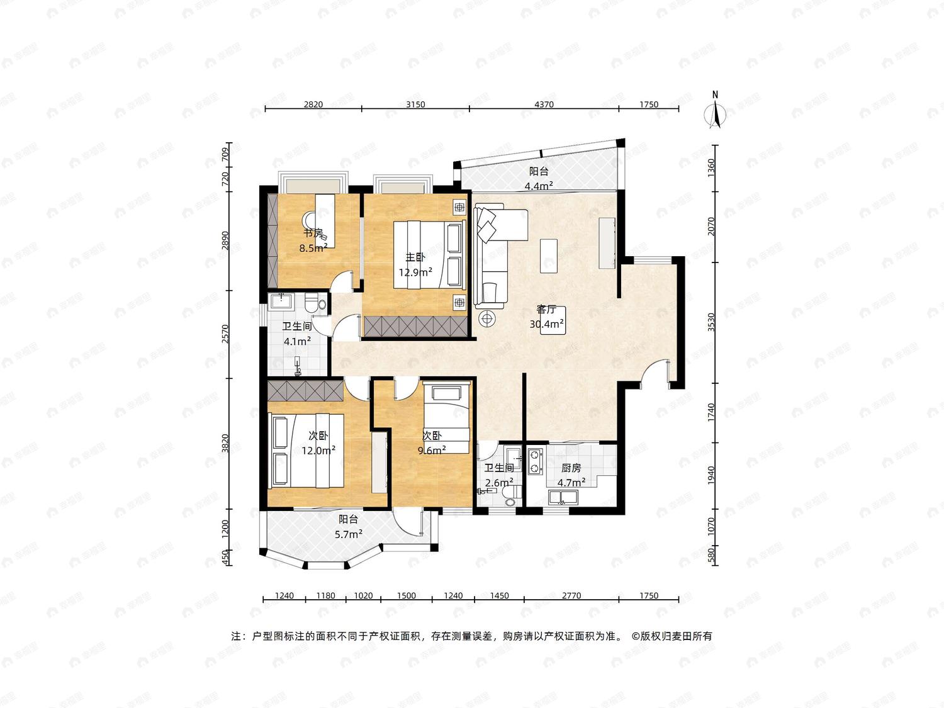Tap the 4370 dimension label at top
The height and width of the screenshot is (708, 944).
tap(544, 104)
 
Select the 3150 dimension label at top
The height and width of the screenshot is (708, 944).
tap(415, 104)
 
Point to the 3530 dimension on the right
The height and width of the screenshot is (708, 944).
tap(711, 322)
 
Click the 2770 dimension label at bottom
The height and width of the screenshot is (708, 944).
tap(571, 595)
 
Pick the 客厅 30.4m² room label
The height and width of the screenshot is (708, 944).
tap(547, 317)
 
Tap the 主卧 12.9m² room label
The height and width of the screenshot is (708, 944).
tap(415, 265)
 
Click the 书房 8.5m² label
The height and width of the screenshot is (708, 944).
tap(313, 240)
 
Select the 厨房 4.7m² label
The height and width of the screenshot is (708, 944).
tap(571, 475)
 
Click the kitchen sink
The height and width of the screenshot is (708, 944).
tap(563, 497)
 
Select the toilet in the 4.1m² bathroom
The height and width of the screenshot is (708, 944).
tap(315, 303)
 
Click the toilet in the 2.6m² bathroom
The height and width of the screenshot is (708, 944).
tap(510, 497)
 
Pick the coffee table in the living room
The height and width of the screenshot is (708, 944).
tap(549, 256)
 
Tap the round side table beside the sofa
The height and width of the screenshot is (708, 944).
tap(486, 318)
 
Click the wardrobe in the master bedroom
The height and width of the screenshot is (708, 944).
tap(415, 326)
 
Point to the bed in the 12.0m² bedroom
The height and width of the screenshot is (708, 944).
tap(306, 451)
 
